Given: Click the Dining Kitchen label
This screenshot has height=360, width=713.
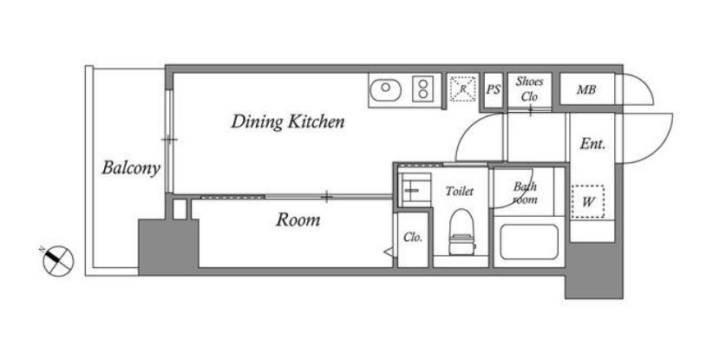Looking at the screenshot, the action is pyautogui.click(x=288, y=121).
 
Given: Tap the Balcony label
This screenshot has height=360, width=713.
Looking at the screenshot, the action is pyautogui.click(x=131, y=167).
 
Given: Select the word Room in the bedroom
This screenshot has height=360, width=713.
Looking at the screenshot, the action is pyautogui.click(x=298, y=220).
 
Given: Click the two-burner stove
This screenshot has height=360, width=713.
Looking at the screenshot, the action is pyautogui.click(x=423, y=89).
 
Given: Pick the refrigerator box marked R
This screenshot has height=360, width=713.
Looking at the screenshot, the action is pyautogui.click(x=463, y=89).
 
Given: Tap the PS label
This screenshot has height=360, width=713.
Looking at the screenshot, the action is pyautogui.click(x=494, y=89).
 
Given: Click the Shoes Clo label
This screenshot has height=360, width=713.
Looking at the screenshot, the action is pyautogui.click(x=529, y=89).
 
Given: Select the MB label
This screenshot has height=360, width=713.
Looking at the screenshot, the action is pyautogui.click(x=586, y=90).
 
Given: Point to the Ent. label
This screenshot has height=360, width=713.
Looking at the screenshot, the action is pyautogui.click(x=592, y=144).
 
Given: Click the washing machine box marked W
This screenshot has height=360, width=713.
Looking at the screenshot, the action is pyautogui.click(x=587, y=202).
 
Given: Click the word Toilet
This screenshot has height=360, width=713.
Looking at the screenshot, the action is pyautogui.click(x=459, y=192).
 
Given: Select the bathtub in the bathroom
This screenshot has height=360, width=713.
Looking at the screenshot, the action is pyautogui.click(x=529, y=242).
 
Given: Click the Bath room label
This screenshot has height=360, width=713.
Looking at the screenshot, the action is pyautogui.click(x=525, y=193).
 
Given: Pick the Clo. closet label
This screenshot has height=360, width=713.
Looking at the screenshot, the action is pyautogui.click(x=413, y=238).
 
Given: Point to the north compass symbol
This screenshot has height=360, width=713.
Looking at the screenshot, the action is pyautogui.click(x=58, y=259).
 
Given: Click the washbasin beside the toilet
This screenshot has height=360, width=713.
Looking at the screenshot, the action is pyautogui.click(x=415, y=190).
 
